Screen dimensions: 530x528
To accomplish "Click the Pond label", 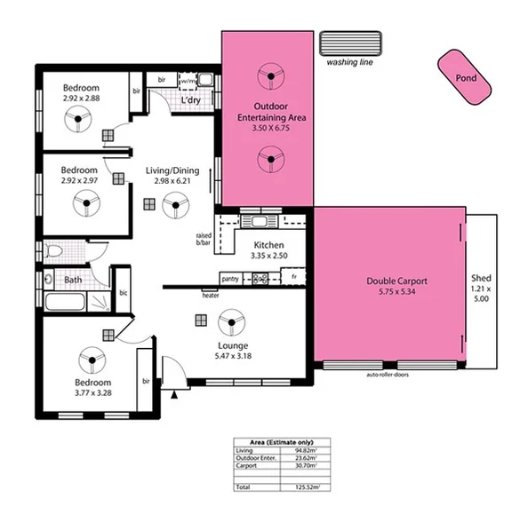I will [x=466, y=78].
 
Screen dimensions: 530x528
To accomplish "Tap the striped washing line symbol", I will [x=351, y=44].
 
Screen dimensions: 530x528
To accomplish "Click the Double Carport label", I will [x=392, y=282].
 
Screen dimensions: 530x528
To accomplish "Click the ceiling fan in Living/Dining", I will [x=175, y=209].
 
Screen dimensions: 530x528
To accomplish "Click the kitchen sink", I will [x=260, y=221].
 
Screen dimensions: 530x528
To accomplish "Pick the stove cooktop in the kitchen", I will [x=260, y=279].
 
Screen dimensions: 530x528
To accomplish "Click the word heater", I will [x=211, y=296].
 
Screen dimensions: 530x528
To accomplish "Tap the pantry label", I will [x=230, y=279].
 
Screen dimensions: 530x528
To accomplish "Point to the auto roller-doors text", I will [x=391, y=375].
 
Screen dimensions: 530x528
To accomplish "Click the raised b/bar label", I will [x=204, y=238].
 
